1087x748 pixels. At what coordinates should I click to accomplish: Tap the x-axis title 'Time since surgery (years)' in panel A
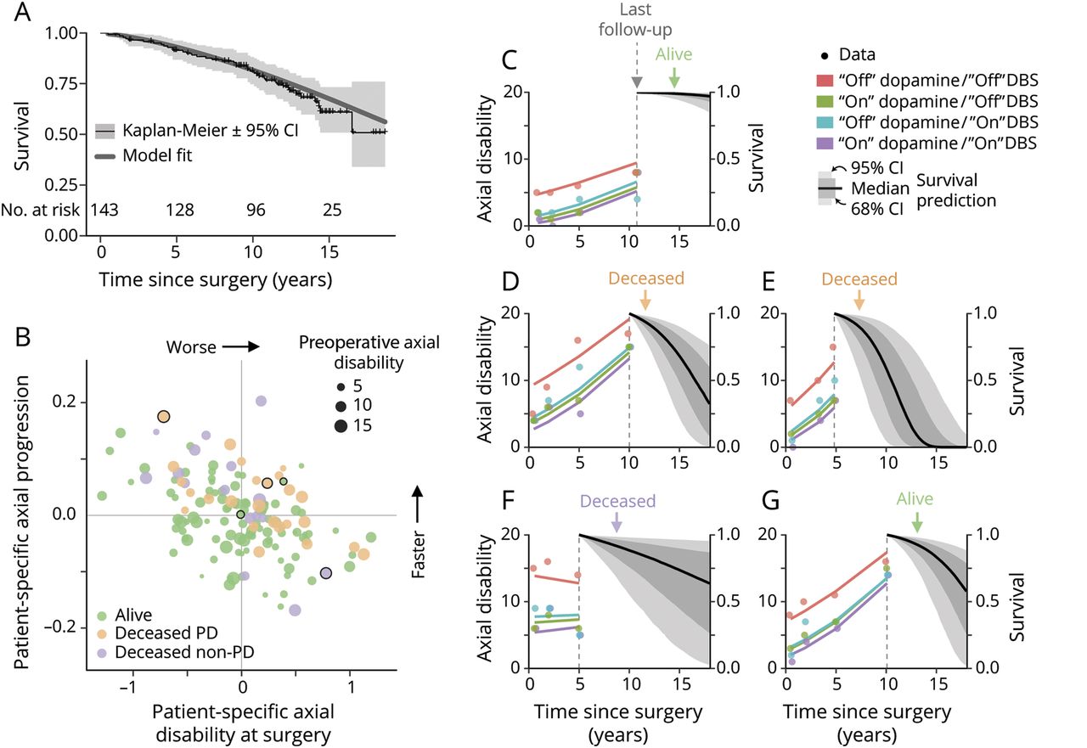click(x=215, y=278)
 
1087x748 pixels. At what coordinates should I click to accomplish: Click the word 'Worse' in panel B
click(x=190, y=346)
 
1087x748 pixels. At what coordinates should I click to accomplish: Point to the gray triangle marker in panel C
click(x=637, y=82)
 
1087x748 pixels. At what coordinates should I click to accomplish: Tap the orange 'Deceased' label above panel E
click(x=859, y=278)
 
